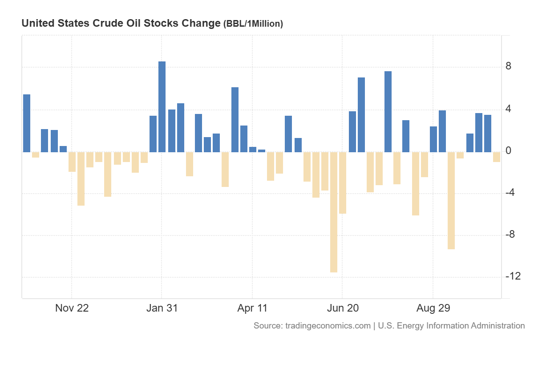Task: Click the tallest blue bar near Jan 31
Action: point(162,107)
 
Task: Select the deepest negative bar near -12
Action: point(333,212)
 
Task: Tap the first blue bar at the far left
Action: point(27,123)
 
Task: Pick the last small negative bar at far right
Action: point(497,157)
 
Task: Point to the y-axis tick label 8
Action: point(508,67)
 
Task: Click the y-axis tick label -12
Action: point(513,276)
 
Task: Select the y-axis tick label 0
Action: point(508,151)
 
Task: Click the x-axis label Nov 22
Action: point(72,308)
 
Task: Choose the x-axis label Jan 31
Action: point(162,308)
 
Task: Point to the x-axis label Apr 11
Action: point(252,308)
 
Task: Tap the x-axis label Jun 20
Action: point(343,308)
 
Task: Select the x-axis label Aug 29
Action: point(433,308)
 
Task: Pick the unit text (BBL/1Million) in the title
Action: point(253,24)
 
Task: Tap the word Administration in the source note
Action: point(497,326)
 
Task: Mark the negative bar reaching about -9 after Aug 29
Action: point(451,200)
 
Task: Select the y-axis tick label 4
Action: point(508,109)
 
